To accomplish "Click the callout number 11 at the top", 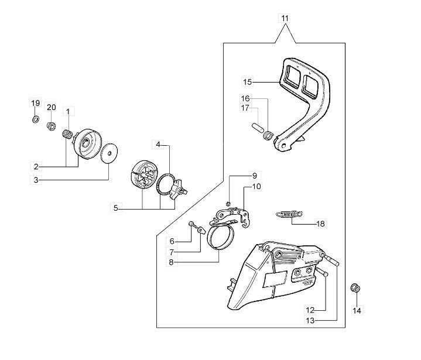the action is pos(285,18).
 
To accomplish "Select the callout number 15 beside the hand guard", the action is pos(248,82).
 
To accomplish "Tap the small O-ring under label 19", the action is pos(36,119).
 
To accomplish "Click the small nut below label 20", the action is pos(51,126).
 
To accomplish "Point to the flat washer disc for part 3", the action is pos(109,153).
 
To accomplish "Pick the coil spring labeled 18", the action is pos(289,214).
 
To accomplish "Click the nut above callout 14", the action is pos(355,289).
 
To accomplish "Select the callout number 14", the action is pos(357,311).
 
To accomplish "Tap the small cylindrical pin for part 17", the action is pos(257,127).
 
